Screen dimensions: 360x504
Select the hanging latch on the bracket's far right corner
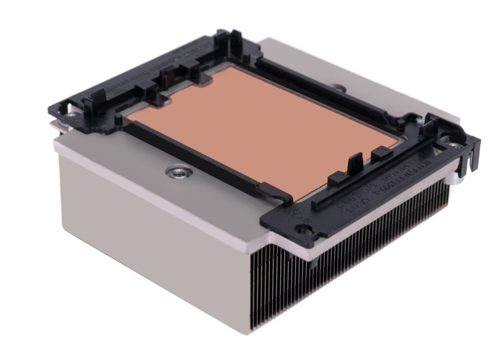[x=469, y=148]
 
